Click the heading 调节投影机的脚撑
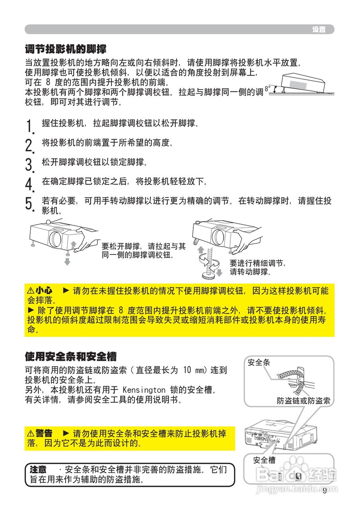click(66, 49)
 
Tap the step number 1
click(29, 126)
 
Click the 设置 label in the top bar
click(319, 29)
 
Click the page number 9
click(325, 490)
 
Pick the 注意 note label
click(38, 470)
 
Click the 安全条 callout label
click(259, 362)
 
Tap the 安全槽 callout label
click(264, 460)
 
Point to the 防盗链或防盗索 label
click(303, 400)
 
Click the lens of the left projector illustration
click(55, 238)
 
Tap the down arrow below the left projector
click(68, 261)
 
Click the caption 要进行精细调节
click(257, 263)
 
